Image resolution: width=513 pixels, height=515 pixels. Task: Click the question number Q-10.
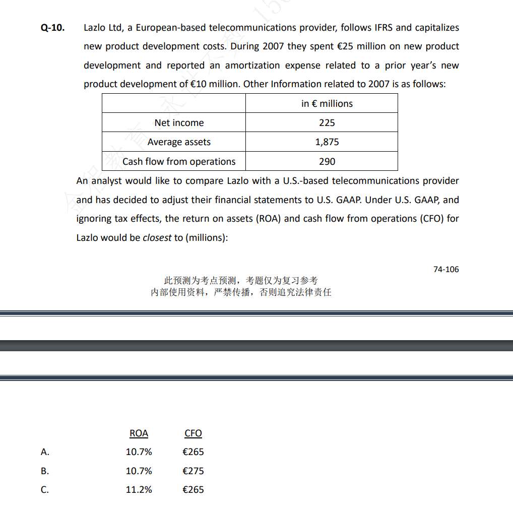(52, 28)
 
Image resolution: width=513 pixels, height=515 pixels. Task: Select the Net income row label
(179, 123)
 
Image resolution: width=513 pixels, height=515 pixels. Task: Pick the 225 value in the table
(327, 123)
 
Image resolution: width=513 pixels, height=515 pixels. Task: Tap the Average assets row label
(179, 142)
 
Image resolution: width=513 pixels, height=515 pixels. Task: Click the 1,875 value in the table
(327, 142)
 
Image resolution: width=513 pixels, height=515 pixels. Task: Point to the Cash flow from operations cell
(179, 162)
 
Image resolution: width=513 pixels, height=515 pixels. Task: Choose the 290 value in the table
(327, 162)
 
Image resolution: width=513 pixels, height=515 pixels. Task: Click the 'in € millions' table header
(327, 104)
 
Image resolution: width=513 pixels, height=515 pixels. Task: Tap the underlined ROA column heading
(139, 433)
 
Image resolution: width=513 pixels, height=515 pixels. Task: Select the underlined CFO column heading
(193, 433)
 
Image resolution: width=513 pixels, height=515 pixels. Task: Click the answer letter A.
(45, 452)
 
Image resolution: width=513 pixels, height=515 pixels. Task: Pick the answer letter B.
(45, 471)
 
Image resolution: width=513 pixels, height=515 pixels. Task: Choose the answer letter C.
(45, 490)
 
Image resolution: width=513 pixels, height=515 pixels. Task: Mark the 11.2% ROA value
(139, 490)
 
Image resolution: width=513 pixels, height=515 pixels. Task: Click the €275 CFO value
(193, 471)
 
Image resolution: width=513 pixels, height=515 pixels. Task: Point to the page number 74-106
(446, 270)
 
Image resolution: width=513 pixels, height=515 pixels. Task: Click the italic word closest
(157, 238)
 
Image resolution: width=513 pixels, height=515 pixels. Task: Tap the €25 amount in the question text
(345, 46)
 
